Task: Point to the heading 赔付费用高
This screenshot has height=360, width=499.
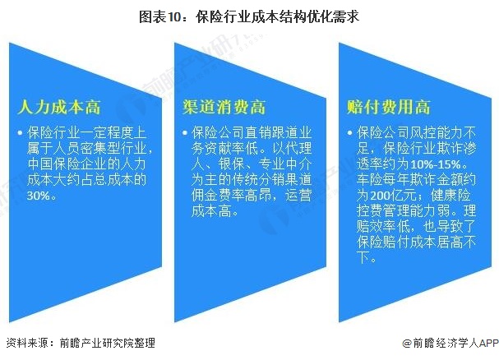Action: coord(389,107)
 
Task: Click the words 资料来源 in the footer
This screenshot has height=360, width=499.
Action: coord(25,343)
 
